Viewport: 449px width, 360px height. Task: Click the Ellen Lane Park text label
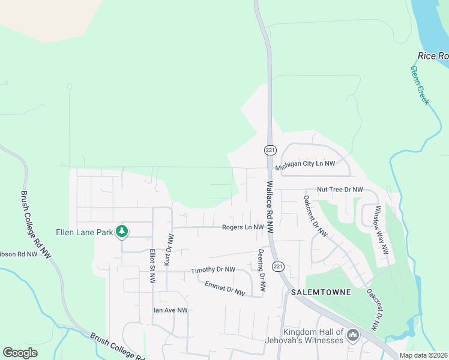(x=84, y=232)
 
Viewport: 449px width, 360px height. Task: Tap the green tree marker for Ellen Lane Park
(x=122, y=231)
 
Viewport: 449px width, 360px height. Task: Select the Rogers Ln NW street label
(x=243, y=227)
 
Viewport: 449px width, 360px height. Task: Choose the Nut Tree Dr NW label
(x=340, y=190)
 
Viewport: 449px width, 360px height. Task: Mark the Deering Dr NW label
(x=262, y=269)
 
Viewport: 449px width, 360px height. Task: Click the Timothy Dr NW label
(x=213, y=271)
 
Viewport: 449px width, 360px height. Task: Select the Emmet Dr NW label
(x=224, y=289)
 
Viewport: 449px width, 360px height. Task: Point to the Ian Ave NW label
(x=170, y=310)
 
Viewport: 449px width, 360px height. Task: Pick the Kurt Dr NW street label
(x=169, y=249)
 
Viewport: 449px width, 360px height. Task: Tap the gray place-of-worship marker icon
(x=352, y=335)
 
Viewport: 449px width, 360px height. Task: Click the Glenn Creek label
(x=420, y=85)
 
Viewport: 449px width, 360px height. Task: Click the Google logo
(x=20, y=353)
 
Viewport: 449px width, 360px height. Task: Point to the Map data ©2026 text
(x=424, y=355)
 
